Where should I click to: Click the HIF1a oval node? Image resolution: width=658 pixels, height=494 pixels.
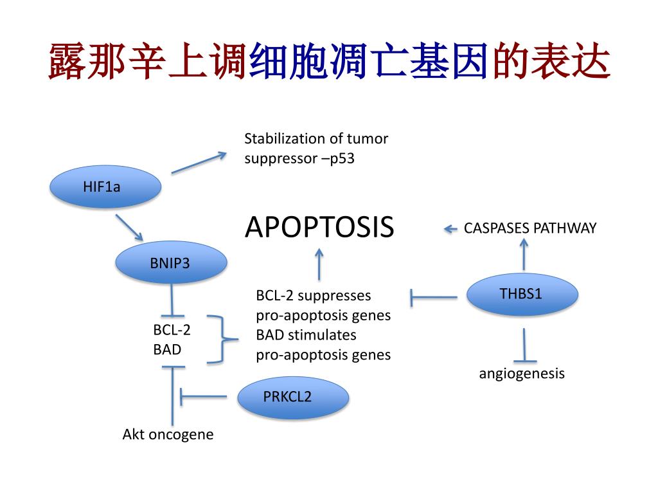coord(105,187)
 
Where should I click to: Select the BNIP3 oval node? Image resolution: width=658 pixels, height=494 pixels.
coord(170,262)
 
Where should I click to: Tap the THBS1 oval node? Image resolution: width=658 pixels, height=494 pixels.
coord(521,295)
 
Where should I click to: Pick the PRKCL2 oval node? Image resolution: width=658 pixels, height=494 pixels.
coord(293,397)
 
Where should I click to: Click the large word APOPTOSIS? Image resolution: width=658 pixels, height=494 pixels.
coord(319,227)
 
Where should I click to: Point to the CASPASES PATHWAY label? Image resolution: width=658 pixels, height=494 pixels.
coord(529,228)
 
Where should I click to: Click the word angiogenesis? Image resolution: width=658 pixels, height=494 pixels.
coord(521,374)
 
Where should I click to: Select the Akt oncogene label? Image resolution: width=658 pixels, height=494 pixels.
coord(168,435)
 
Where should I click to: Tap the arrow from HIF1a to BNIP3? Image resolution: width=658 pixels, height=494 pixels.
coord(129,228)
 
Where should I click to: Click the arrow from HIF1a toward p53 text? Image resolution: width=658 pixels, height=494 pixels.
coord(199,163)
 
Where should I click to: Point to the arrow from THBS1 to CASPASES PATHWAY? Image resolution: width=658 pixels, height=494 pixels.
coord(524,254)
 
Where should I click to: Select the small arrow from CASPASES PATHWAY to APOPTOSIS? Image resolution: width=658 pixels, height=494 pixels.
coord(450,228)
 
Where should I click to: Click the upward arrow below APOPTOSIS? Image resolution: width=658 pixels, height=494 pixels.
coord(319,264)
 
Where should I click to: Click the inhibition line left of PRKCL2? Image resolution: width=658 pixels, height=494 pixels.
coord(202,396)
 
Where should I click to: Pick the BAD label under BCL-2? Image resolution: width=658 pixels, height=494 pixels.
coord(167,350)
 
